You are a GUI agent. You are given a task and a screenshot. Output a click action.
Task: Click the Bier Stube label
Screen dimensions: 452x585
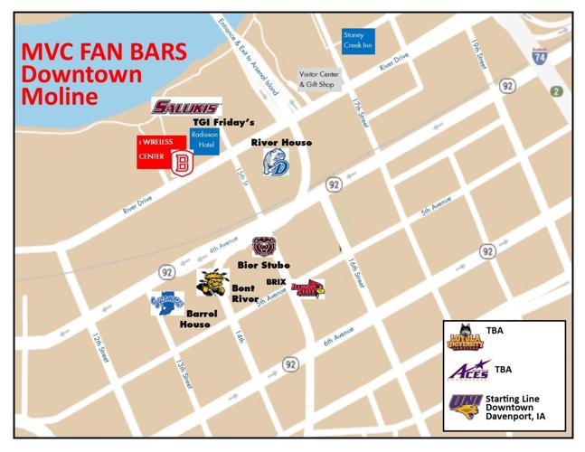click(263, 265)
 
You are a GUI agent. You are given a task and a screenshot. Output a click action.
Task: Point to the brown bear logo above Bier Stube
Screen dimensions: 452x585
click(264, 245)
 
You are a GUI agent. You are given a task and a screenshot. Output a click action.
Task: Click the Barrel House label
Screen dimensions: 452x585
click(195, 318)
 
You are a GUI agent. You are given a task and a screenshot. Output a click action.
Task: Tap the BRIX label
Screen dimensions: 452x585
click(276, 282)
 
